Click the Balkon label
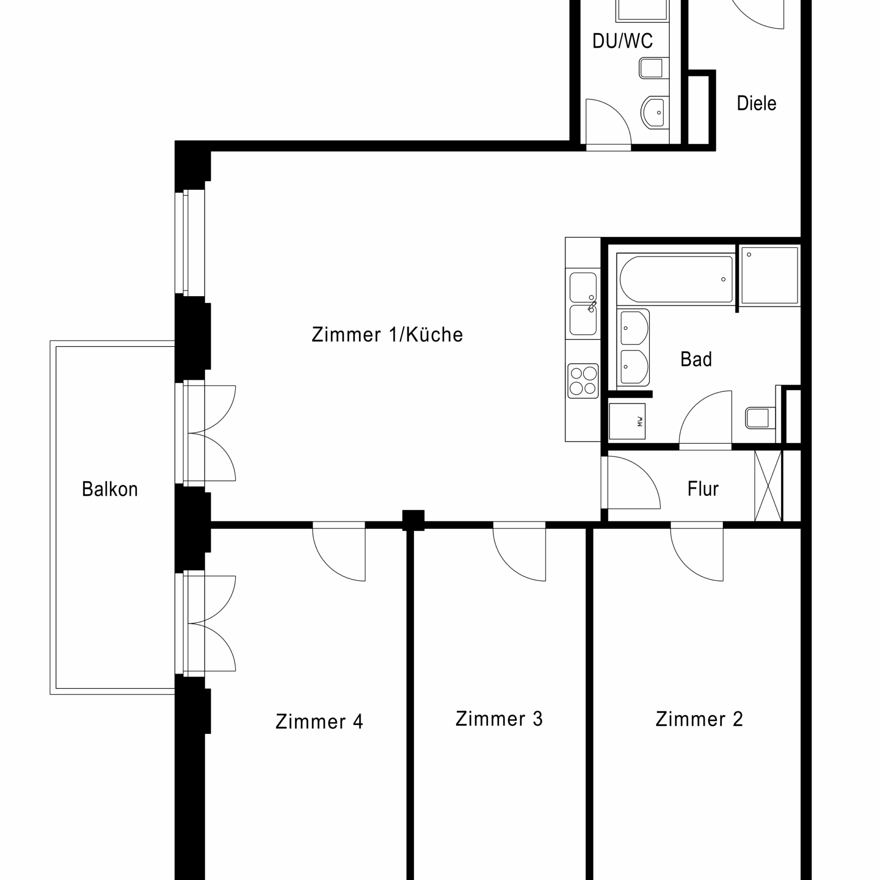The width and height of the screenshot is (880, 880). [110, 489]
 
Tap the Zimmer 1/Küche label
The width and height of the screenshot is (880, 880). [387, 335]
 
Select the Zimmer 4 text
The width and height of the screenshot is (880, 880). [319, 721]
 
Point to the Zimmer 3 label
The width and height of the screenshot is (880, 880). [499, 719]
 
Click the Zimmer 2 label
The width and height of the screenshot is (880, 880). [699, 719]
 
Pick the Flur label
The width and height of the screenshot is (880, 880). [703, 489]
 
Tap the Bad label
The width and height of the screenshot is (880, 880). [696, 359]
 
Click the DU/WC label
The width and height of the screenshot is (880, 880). [623, 41]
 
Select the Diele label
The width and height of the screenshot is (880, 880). [757, 103]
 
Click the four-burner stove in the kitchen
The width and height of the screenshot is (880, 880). [583, 381]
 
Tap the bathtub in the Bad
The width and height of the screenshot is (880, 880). [676, 279]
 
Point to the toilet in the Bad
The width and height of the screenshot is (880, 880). [760, 417]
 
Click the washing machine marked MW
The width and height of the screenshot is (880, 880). [627, 421]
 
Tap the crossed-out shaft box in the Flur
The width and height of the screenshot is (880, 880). [768, 486]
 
